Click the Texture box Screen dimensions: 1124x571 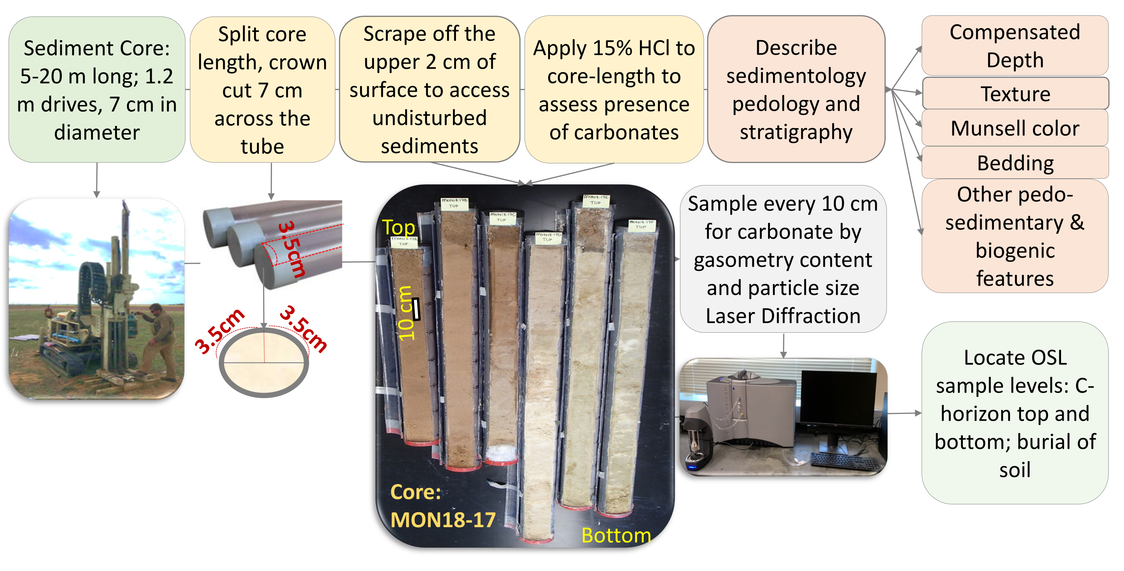pyautogui.click(x=1015, y=94)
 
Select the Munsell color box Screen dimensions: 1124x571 pyautogui.click(x=1015, y=128)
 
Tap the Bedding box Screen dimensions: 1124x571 pyautogui.click(x=1015, y=163)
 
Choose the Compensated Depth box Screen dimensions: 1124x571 pyautogui.click(x=1015, y=46)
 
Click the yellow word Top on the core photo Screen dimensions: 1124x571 pyautogui.click(x=398, y=227)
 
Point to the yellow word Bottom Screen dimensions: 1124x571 pyautogui.click(x=616, y=535)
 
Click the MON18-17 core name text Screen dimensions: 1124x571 pyautogui.click(x=442, y=520)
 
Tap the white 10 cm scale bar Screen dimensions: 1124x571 pyautogui.click(x=416, y=309)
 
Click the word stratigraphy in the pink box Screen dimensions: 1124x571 pyautogui.click(x=796, y=132)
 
